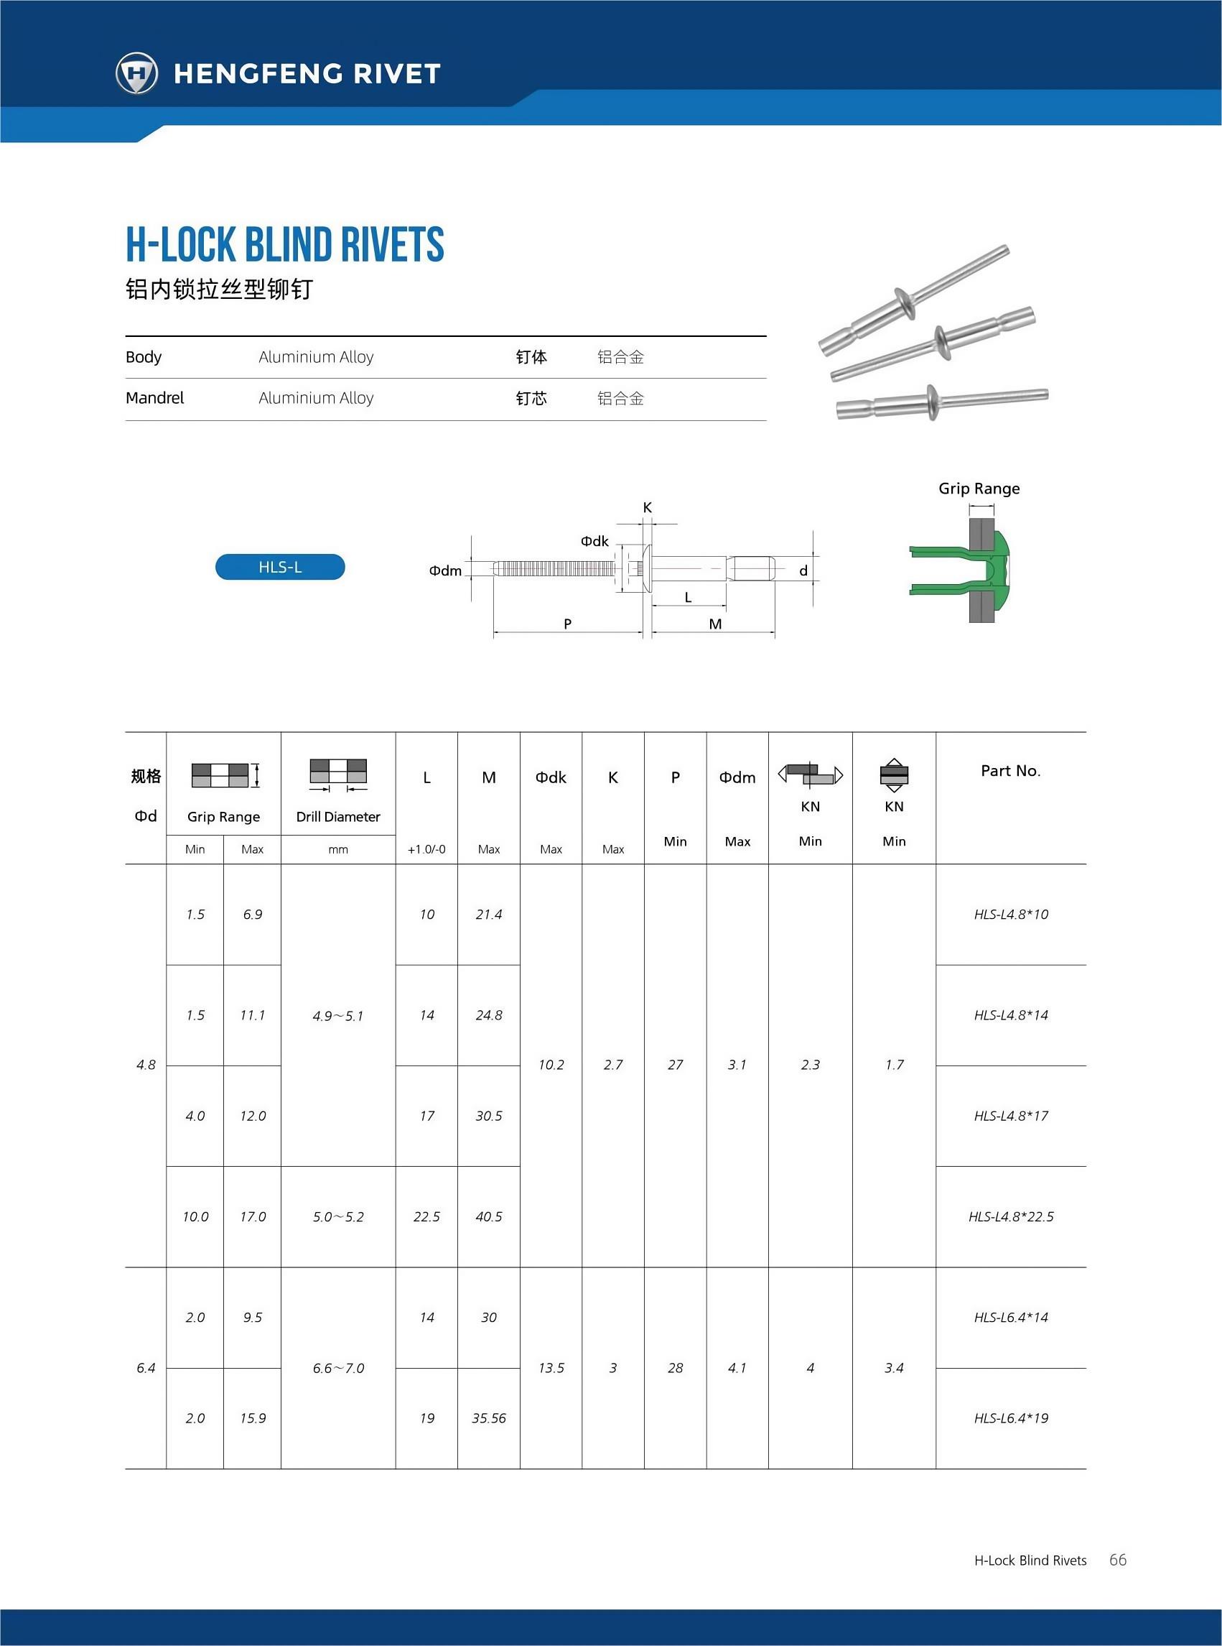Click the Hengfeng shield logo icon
coord(137,73)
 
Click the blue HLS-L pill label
coord(279,567)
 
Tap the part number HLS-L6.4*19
coord(1010,1418)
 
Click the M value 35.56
coord(489,1418)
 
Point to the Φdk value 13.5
coord(551,1368)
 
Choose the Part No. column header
coord(1010,770)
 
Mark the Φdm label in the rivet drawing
coord(445,570)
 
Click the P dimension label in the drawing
coord(567,624)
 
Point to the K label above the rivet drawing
coord(647,508)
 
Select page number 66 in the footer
coord(1118,1559)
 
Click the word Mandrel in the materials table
coord(154,398)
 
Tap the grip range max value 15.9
coord(252,1418)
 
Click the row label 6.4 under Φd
coord(146,1368)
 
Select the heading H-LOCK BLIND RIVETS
coord(285,245)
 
